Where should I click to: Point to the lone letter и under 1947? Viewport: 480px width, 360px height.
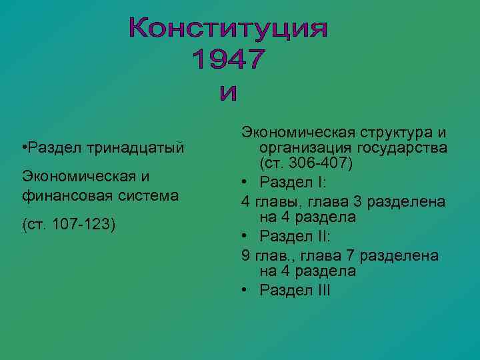pos(228,93)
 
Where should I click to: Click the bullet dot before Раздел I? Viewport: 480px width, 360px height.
pos(246,182)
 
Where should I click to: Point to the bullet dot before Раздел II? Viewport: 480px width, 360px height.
pos(246,235)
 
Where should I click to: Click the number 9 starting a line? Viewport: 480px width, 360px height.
pos(245,256)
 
